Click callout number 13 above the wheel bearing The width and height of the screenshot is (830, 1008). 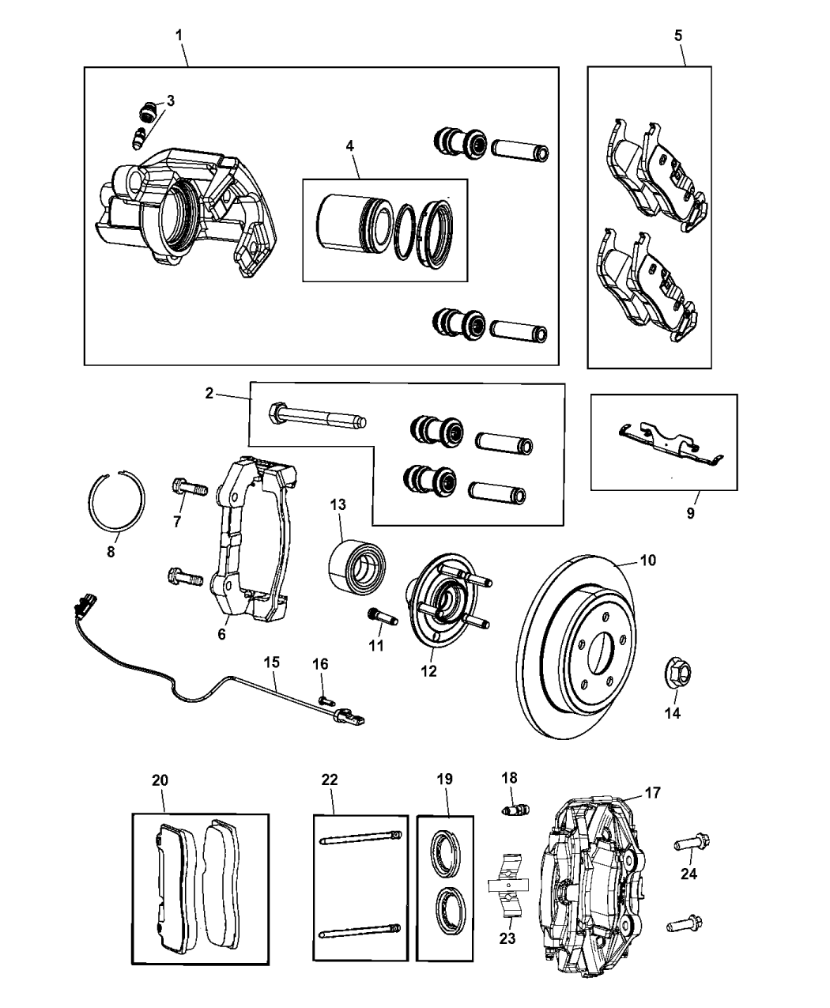[x=338, y=504]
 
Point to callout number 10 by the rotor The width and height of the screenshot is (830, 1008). [x=648, y=561]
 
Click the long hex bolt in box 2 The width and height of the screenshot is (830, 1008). [x=317, y=414]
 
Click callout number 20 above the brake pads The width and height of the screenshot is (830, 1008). [x=160, y=780]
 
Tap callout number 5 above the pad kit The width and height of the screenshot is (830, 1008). [x=679, y=36]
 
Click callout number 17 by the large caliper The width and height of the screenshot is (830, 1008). [x=652, y=792]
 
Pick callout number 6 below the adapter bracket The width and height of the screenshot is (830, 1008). [x=221, y=634]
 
